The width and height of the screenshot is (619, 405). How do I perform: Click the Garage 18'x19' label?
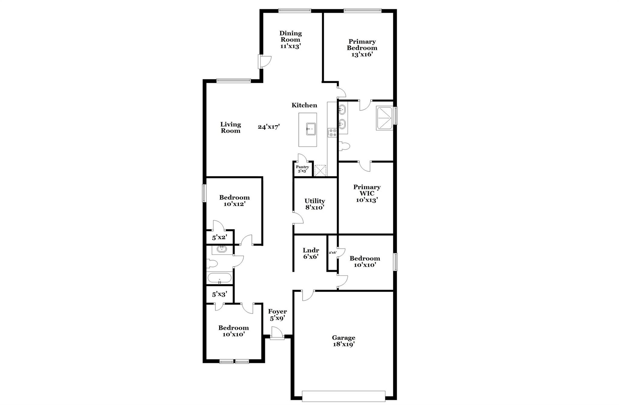pos(343,341)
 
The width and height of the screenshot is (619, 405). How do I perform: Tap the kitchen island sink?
pos(311,129)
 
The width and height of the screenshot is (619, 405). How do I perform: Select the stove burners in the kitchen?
pos(332,133)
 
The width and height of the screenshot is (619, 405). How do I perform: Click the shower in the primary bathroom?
pos(384,118)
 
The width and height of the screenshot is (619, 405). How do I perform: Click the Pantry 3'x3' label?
pos(302,169)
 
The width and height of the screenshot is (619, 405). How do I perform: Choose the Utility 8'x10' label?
pos(315,204)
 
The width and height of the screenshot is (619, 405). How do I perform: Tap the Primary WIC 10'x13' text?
pos(367,193)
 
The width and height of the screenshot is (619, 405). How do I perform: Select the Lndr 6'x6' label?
pos(311,253)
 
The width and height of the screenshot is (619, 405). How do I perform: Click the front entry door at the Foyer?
pos(277,334)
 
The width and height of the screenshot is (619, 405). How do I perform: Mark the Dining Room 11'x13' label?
pos(290,40)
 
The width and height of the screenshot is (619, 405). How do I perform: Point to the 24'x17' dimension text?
pos(269,127)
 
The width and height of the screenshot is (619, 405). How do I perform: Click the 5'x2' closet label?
pos(219,238)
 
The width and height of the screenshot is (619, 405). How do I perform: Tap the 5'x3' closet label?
pos(219,294)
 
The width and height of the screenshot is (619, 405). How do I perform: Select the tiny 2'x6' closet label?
pos(332,252)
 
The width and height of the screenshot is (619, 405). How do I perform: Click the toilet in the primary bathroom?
pos(344,146)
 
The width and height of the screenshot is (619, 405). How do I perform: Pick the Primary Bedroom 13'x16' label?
pos(362,48)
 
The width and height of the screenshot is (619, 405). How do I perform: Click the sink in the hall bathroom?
pos(222,249)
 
